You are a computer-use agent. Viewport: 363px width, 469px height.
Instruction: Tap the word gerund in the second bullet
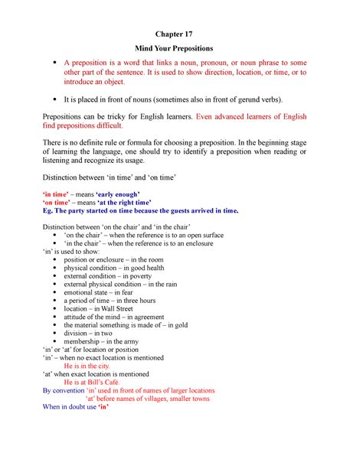[242, 99]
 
